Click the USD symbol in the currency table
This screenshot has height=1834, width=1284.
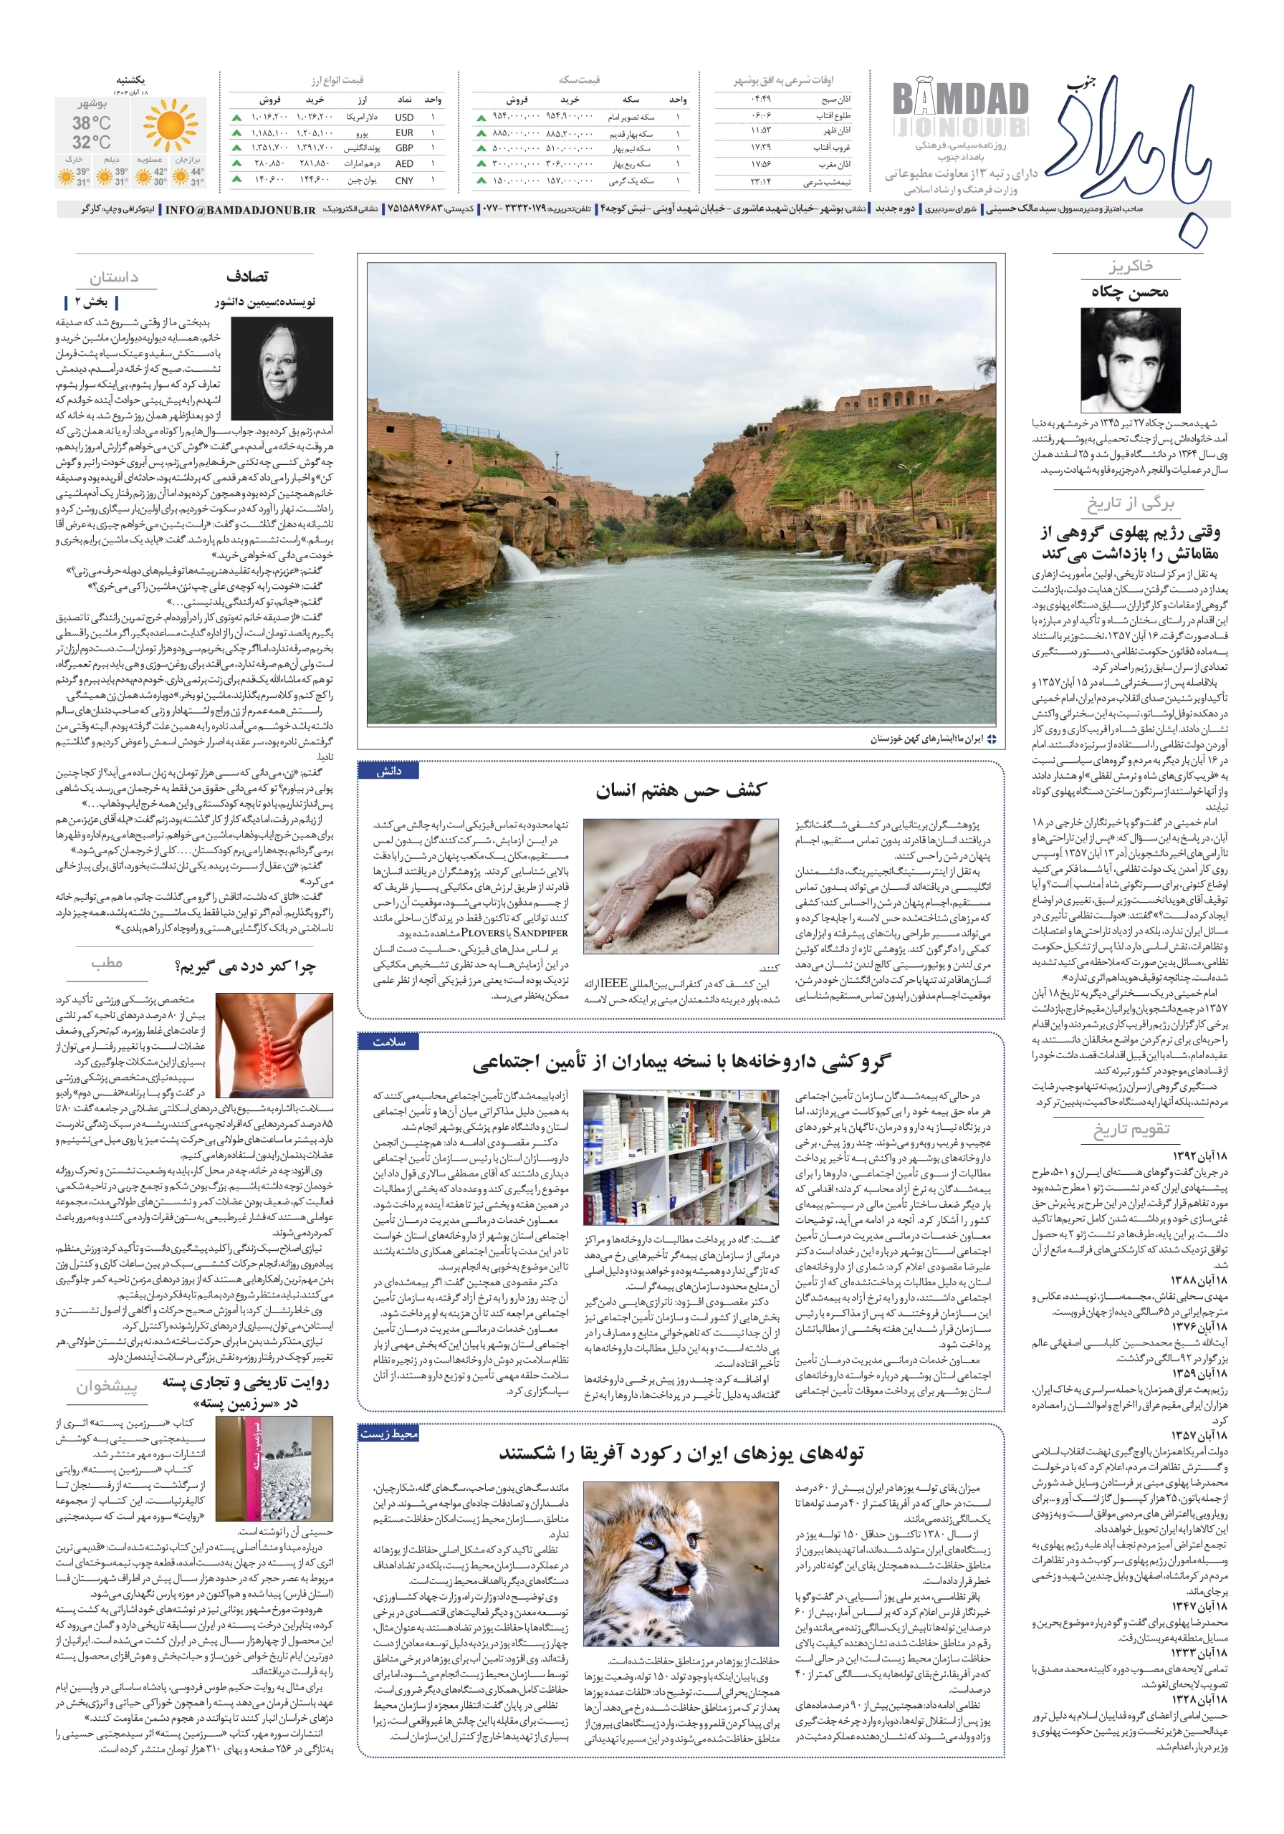(403, 117)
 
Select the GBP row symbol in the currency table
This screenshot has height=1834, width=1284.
(403, 148)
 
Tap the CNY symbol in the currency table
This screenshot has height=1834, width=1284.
(403, 181)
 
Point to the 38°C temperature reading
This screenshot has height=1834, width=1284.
(91, 123)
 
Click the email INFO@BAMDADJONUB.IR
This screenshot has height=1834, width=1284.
(241, 210)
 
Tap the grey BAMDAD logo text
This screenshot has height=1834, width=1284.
(959, 100)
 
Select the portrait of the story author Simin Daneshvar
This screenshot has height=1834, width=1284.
(282, 368)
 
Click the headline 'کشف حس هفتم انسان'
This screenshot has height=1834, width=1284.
(680, 790)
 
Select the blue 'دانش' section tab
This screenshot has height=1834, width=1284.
(389, 771)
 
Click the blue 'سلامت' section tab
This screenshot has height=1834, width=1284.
(389, 1042)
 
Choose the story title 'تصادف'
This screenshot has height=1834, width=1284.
(248, 277)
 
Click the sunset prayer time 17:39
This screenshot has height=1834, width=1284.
(760, 148)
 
